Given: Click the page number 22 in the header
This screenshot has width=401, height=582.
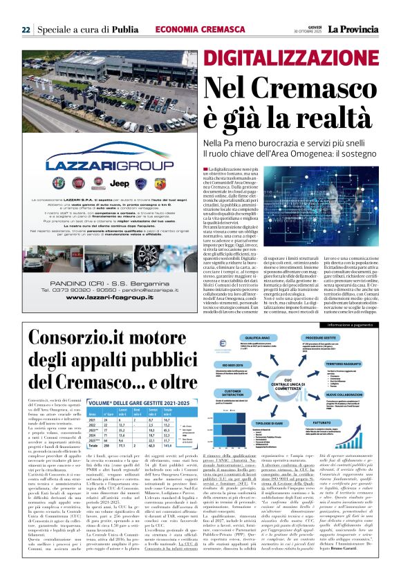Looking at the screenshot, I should tap(25, 29).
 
